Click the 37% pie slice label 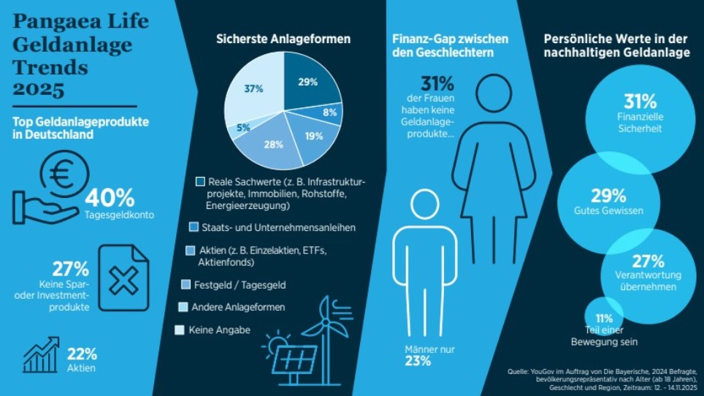tap(253, 88)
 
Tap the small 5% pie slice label tap(243, 127)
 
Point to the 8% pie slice tap(329, 113)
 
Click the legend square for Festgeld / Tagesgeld tap(185, 283)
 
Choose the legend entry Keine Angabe tap(218, 330)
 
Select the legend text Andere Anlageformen tap(237, 307)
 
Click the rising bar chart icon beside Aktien tap(41, 355)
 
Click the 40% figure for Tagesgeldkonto tap(110, 197)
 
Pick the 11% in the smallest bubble tap(604, 319)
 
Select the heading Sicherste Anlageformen tap(283, 38)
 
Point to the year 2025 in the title tap(39, 89)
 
